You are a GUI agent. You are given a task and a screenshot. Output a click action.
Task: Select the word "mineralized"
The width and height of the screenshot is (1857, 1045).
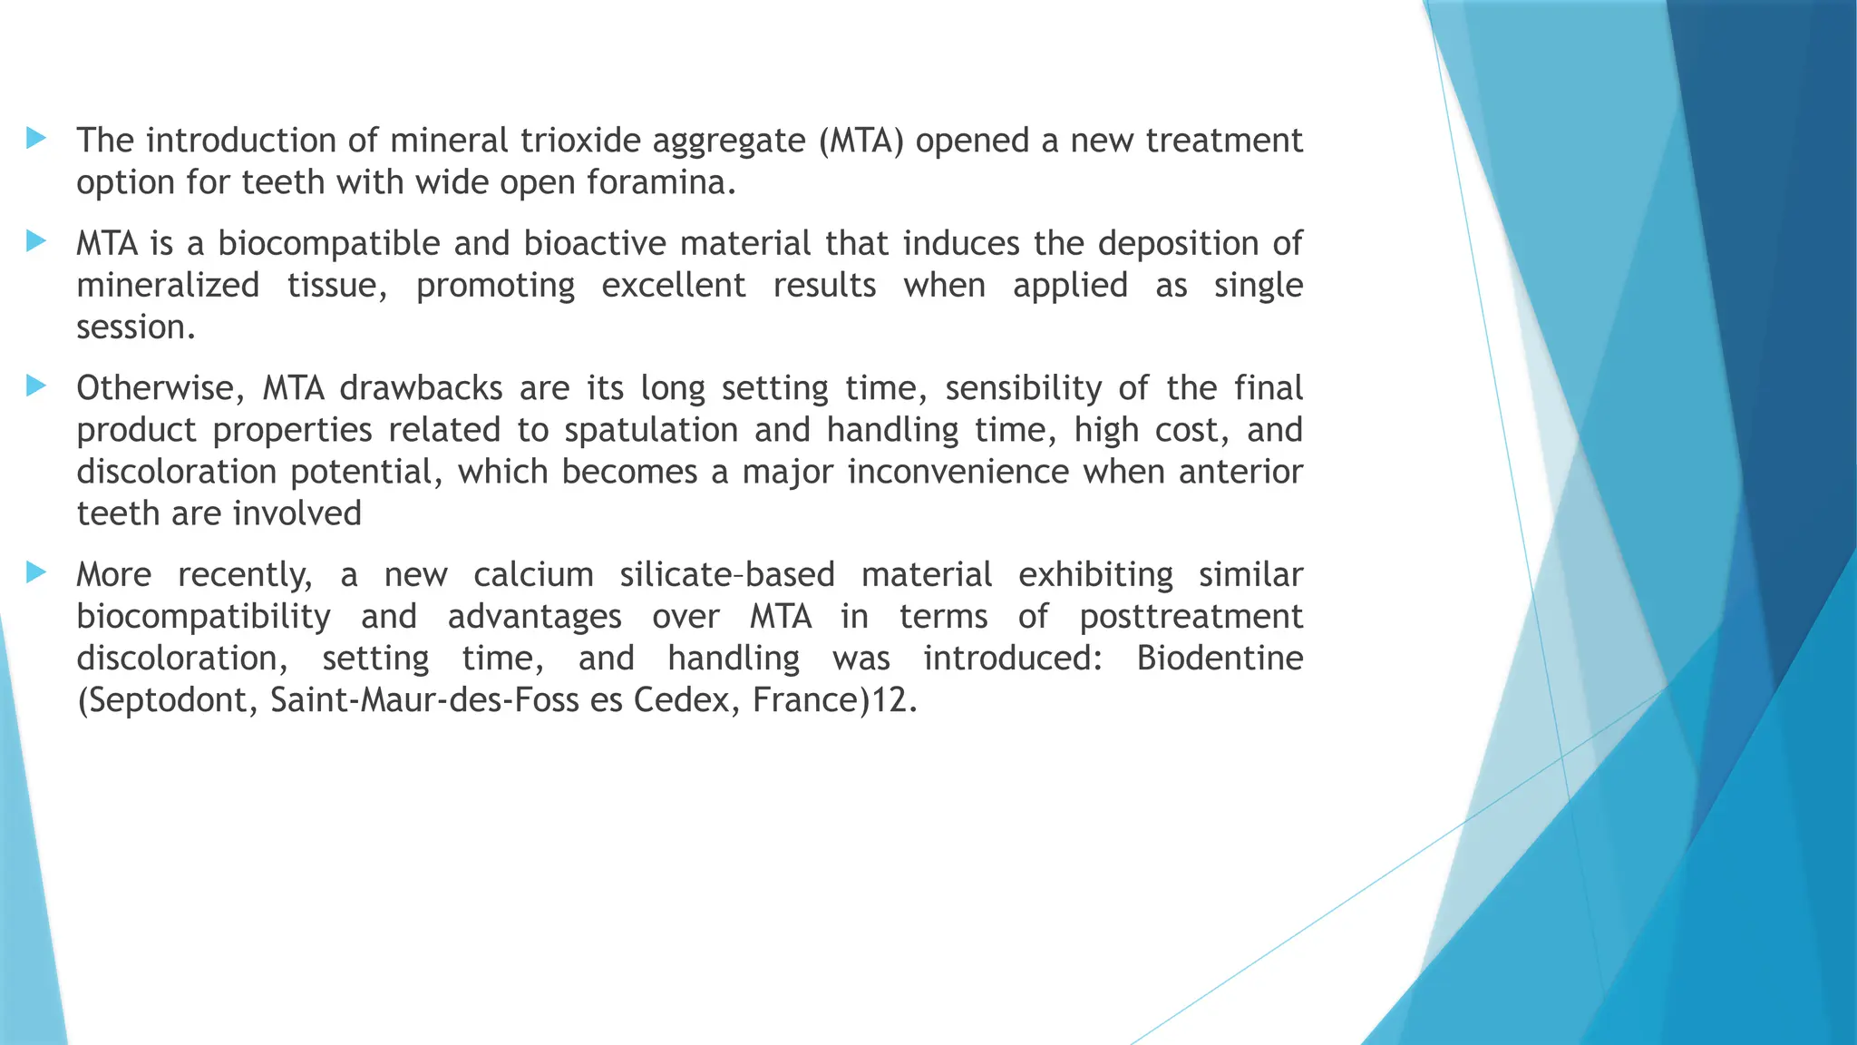tap(168, 286)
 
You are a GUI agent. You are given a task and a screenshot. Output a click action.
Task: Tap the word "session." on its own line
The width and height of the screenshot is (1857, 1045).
tap(136, 327)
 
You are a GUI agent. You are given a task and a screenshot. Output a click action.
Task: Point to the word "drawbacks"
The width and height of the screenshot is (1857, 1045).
tap(421, 388)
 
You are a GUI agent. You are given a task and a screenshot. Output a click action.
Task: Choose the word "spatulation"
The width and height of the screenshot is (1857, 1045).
tap(651, 430)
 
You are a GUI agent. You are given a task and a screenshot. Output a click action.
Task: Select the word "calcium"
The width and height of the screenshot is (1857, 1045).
tap(533, 575)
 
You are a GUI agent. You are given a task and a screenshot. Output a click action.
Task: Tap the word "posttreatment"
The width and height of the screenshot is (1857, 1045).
tap(1191, 617)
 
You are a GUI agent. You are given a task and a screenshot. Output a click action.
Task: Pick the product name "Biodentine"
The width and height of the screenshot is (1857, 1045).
tap(1220, 659)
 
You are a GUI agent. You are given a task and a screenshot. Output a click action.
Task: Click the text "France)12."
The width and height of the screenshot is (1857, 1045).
tap(835, 700)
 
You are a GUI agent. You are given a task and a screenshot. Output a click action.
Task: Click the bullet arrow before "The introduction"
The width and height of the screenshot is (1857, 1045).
tap(36, 138)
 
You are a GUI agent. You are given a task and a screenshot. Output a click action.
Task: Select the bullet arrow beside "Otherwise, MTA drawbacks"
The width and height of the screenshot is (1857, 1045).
tap(36, 386)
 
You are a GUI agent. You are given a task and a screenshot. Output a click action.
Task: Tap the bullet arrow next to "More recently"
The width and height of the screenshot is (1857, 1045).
tap(36, 572)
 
